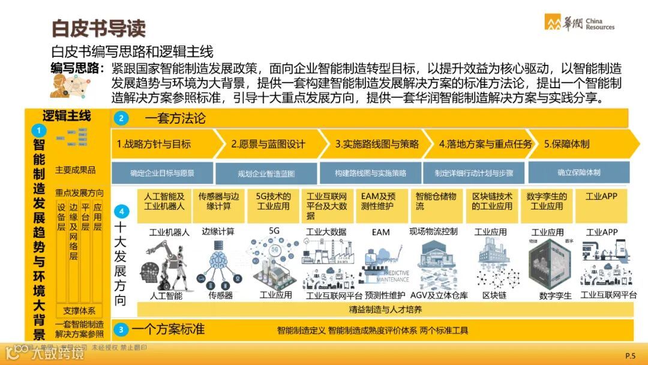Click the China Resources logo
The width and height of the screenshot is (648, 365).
tap(579, 22)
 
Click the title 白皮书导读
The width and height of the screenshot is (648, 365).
tap(98, 28)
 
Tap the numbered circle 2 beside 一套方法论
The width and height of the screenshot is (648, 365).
tap(121, 118)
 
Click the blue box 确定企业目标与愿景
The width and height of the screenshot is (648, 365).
tap(162, 173)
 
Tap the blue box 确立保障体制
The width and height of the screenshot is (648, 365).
tap(578, 172)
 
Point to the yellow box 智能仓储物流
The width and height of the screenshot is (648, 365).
tap(437, 201)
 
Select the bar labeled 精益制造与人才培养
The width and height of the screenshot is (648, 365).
tap(385, 310)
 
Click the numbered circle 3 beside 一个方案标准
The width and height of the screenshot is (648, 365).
tap(121, 330)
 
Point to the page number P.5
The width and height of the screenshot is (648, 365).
tap(629, 355)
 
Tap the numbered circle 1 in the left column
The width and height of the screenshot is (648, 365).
tap(38, 130)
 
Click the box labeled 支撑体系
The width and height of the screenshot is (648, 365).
tap(79, 311)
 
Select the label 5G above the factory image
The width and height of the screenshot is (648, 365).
tap(274, 231)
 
